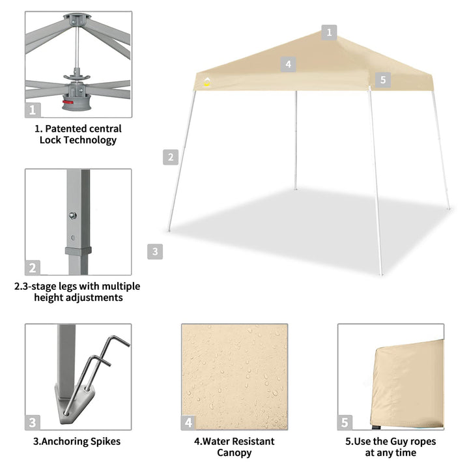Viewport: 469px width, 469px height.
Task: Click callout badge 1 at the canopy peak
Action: point(329,32)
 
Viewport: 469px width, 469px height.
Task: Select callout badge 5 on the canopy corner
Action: point(382,80)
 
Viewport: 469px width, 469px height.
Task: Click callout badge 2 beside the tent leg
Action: point(171,156)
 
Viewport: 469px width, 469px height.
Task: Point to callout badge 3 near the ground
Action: point(154,251)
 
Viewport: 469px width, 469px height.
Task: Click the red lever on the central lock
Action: point(67,102)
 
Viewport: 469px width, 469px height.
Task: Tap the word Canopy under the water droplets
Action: point(234,453)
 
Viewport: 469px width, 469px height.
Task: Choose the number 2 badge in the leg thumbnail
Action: point(34,267)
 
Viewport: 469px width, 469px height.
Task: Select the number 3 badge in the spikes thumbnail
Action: point(34,422)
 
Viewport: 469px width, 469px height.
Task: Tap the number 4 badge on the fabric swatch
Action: point(189,422)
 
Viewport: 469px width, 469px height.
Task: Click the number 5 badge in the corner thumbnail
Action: point(345,422)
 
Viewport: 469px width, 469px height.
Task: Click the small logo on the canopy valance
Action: point(207,83)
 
